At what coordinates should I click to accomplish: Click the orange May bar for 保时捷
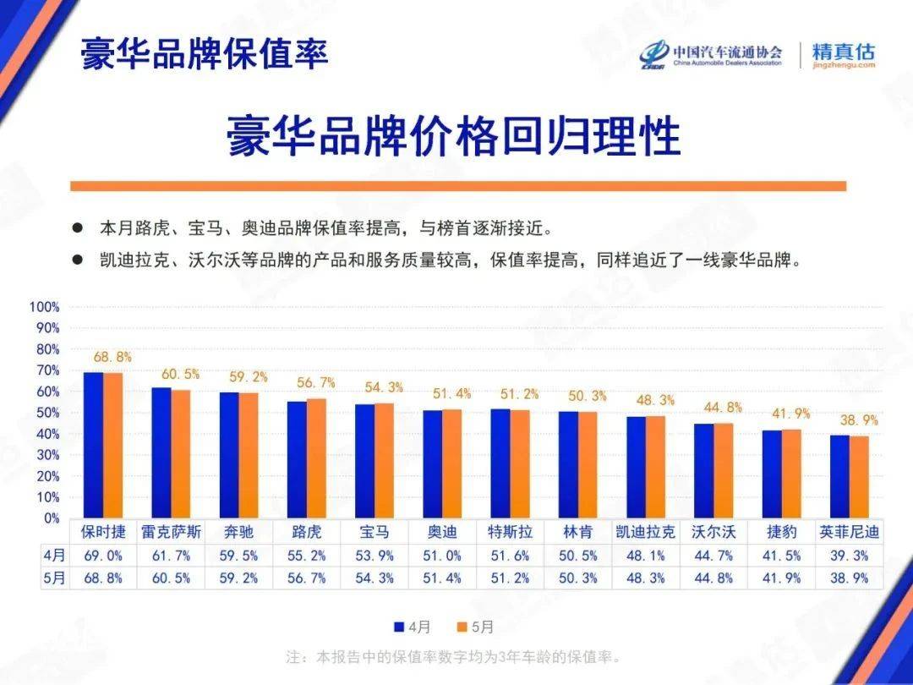click(x=112, y=445)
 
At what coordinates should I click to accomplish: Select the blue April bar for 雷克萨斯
click(x=161, y=452)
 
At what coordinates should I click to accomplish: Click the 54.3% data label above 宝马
click(x=385, y=387)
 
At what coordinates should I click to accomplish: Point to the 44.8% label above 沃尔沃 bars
click(x=723, y=408)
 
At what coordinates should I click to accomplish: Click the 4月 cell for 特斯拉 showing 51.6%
click(x=510, y=556)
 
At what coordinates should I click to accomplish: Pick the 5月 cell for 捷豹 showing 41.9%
click(x=781, y=578)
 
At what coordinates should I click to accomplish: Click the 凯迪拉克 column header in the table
click(x=646, y=533)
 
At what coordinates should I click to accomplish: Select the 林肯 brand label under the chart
click(x=578, y=533)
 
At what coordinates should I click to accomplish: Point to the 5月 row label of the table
click(x=53, y=578)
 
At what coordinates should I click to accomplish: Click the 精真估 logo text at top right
click(x=843, y=51)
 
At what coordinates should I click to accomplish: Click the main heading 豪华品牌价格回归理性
click(x=453, y=135)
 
